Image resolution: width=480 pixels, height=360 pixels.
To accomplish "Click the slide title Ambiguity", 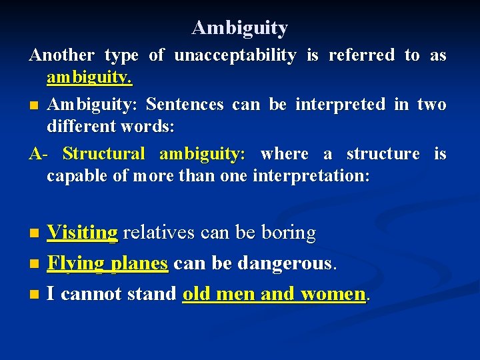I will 240,28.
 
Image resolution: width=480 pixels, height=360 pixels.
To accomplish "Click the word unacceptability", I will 235,55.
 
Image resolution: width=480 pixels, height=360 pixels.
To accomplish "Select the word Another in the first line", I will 61,55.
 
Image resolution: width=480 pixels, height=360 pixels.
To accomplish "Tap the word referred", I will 361,55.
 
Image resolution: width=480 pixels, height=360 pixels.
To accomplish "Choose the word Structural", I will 103,154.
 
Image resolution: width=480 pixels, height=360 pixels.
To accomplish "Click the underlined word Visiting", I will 83,233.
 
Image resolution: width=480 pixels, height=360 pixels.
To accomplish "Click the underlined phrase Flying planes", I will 107,263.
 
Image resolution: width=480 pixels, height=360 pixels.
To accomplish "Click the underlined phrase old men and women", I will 274,293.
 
